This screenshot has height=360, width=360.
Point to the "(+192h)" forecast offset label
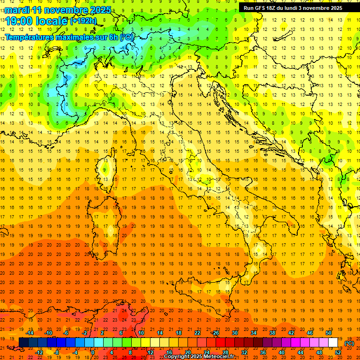pos(83,21)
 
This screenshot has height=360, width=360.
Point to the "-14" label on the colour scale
pos(30,333)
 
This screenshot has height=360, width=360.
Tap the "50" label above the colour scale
pos(329,333)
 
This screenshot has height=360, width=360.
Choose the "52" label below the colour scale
pos(338,352)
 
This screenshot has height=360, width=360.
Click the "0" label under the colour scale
pos(93,352)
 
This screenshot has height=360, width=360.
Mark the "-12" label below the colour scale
pos(39,352)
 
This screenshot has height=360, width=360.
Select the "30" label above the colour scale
pos(234,333)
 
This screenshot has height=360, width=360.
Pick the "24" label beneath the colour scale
pos(207,352)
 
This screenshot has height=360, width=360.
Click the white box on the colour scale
pos(333,342)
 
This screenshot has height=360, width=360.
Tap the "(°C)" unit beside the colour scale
pos(349,343)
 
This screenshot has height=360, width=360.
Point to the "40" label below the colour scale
pos(282,352)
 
